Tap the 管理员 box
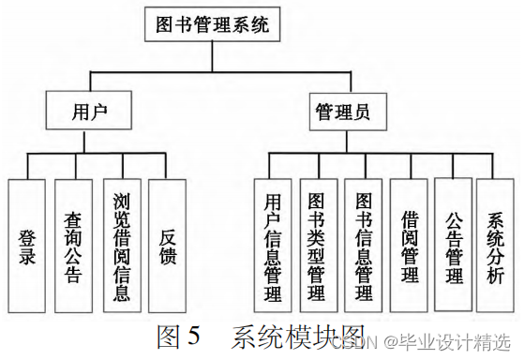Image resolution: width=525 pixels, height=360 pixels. click(x=339, y=113)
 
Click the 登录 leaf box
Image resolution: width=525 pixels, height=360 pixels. click(x=28, y=246)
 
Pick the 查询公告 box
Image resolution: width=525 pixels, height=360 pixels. click(x=74, y=246)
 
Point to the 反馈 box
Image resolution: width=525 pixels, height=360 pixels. click(x=167, y=246)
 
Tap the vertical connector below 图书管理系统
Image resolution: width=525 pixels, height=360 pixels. click(x=213, y=55)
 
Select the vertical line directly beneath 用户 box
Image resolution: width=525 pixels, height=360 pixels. click(x=89, y=142)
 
